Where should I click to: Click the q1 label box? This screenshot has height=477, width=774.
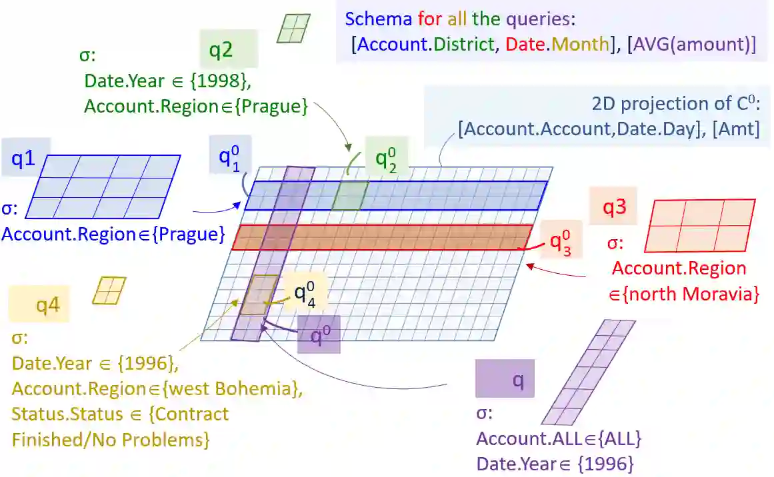coord(25,161)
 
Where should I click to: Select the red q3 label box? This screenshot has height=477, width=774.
coord(613,207)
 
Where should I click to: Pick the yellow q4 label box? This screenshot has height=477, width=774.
coord(39,305)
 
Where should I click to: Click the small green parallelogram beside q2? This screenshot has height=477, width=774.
coord(293,28)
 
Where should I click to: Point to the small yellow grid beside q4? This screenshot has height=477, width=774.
coord(109,290)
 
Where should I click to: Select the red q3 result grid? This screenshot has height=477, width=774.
coord(699,226)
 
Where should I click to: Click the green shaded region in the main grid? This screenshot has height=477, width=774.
coord(350,195)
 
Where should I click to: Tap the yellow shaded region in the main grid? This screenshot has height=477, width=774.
coord(259,294)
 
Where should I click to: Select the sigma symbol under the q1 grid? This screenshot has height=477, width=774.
coord(9,209)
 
